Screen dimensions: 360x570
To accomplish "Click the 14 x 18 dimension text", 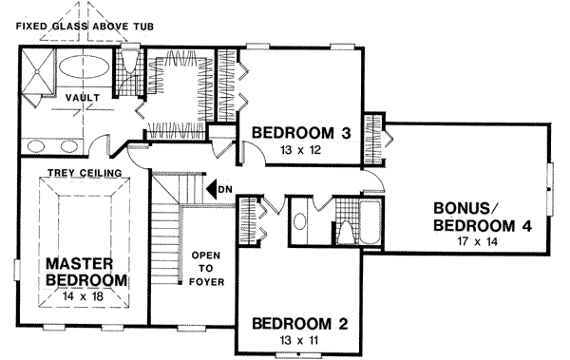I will point(86,296).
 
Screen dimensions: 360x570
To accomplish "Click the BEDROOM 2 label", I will point(299,324).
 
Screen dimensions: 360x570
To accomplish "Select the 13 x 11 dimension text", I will point(299,340).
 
